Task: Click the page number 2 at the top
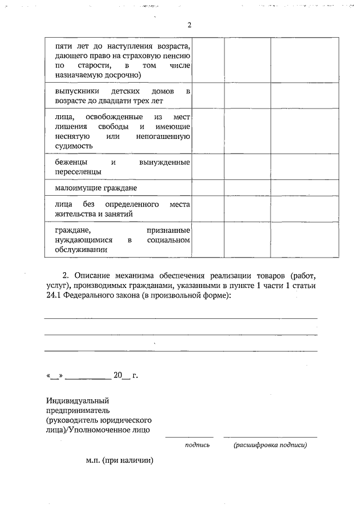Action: click(x=190, y=25)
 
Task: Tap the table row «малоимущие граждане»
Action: click(x=96, y=187)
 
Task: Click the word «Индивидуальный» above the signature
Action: click(x=77, y=400)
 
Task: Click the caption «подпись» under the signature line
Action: click(x=197, y=445)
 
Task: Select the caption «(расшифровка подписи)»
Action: click(x=270, y=445)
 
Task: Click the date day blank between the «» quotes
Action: click(x=55, y=375)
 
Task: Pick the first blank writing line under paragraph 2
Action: click(x=181, y=318)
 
